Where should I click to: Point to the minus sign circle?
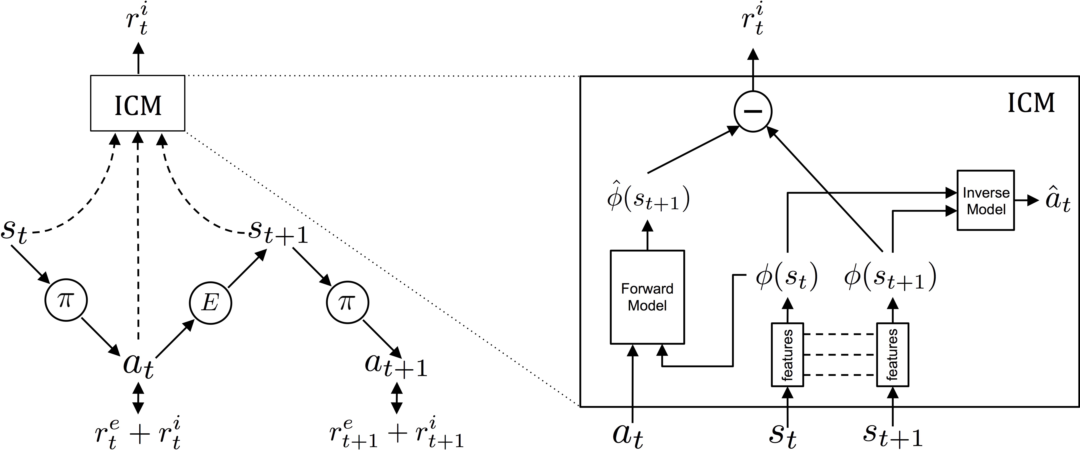(x=753, y=111)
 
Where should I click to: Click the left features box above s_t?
(x=787, y=354)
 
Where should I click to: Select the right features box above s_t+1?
(x=892, y=354)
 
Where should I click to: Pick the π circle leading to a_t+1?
(x=347, y=302)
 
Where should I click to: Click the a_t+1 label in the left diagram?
(x=396, y=365)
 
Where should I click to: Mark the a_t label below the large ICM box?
(x=628, y=435)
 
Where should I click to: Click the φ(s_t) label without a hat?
(x=787, y=278)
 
